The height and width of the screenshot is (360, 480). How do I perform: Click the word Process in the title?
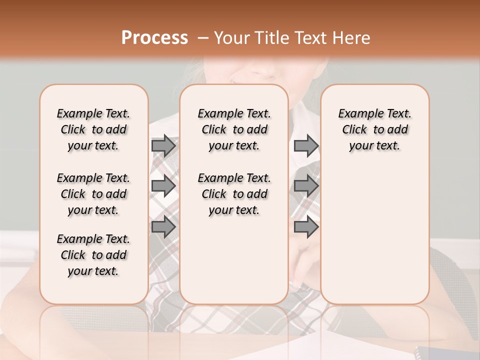pyautogui.click(x=154, y=38)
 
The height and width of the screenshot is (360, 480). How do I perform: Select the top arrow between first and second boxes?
pyautogui.click(x=163, y=145)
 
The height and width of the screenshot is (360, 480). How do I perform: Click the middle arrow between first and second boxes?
pyautogui.click(x=163, y=186)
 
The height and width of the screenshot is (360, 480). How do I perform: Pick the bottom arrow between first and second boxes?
pyautogui.click(x=163, y=227)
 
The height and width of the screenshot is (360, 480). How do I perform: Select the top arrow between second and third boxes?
pyautogui.click(x=306, y=145)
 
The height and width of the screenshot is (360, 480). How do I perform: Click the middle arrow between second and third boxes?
pyautogui.click(x=306, y=186)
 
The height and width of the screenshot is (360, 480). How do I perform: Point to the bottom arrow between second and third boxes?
pyautogui.click(x=306, y=227)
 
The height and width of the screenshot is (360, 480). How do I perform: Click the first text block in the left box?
pyautogui.click(x=93, y=129)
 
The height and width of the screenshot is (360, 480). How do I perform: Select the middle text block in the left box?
pyautogui.click(x=93, y=194)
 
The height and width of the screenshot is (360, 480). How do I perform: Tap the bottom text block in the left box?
pyautogui.click(x=93, y=255)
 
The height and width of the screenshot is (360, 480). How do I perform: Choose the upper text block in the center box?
pyautogui.click(x=234, y=129)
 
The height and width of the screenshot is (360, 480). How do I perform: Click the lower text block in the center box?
pyautogui.click(x=234, y=194)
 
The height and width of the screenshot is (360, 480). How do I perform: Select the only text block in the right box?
pyautogui.click(x=374, y=129)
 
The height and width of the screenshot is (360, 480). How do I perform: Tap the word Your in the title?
pyautogui.click(x=229, y=38)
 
